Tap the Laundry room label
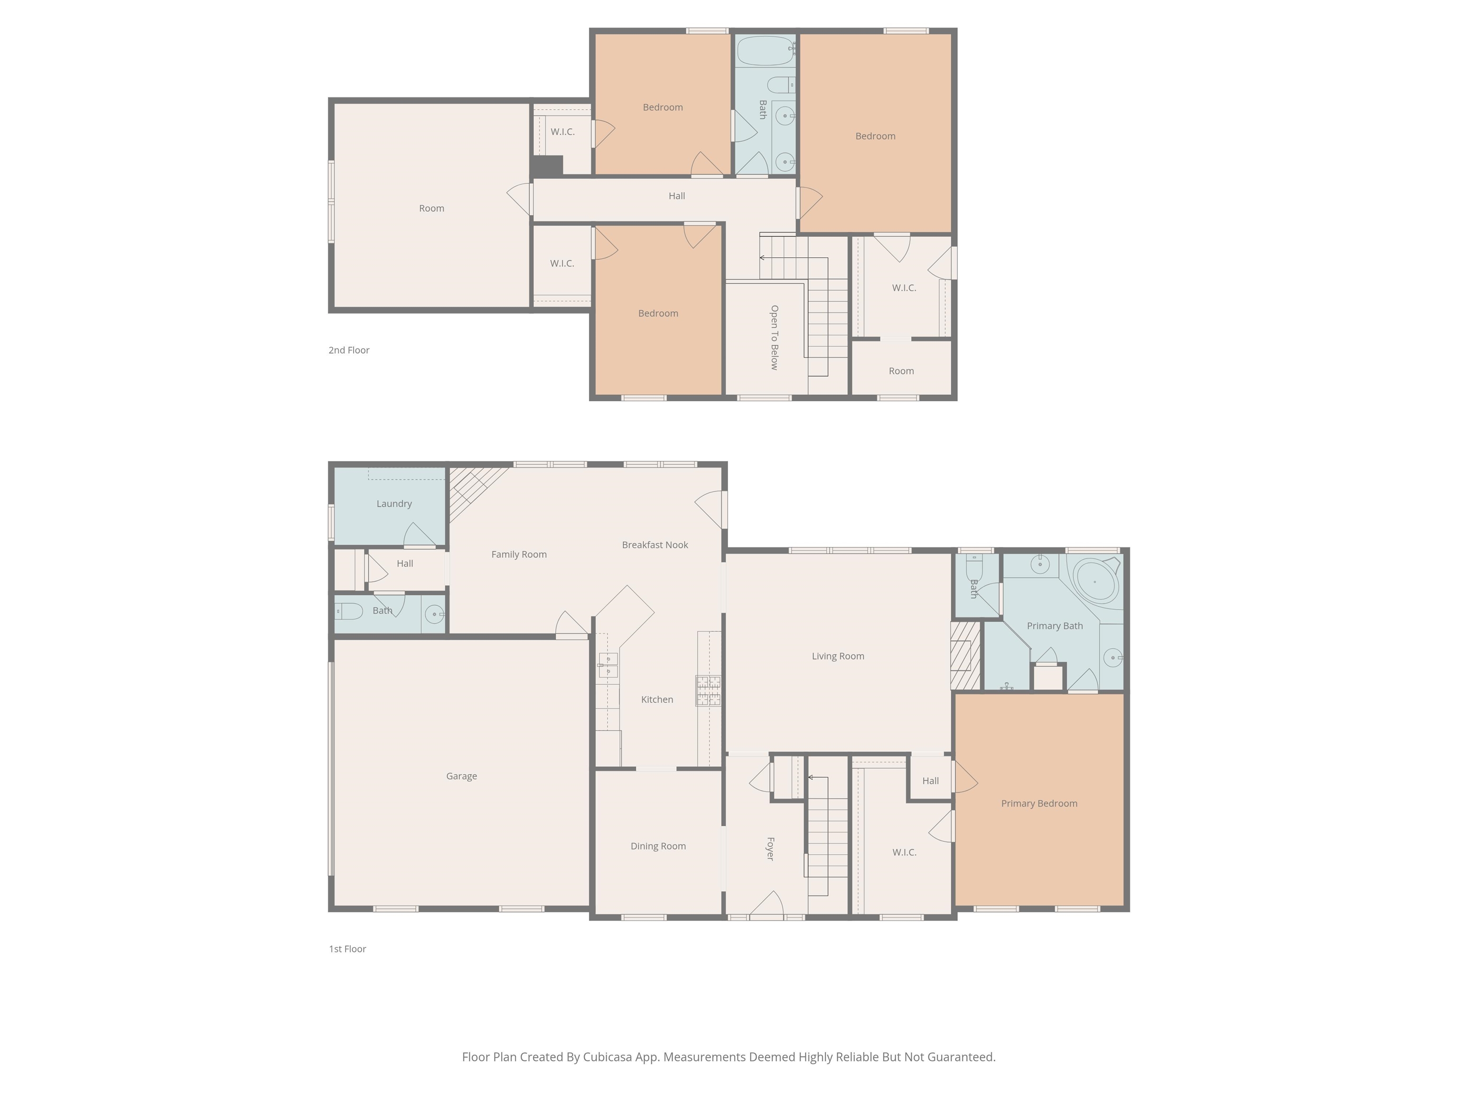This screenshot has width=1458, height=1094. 394,504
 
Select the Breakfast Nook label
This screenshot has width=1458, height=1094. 654,545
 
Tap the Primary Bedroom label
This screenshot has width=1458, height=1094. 1039,803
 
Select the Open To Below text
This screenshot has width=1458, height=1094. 775,338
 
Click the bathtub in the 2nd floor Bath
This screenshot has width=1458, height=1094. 765,51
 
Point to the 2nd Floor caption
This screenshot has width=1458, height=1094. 349,350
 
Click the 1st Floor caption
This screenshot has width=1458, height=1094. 347,949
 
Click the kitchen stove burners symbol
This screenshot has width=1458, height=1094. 709,690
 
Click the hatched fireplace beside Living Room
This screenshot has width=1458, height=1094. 965,656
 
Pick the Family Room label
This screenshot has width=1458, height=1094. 519,555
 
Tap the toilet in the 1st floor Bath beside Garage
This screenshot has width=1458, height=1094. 349,611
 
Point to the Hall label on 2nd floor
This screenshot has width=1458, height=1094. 677,196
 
